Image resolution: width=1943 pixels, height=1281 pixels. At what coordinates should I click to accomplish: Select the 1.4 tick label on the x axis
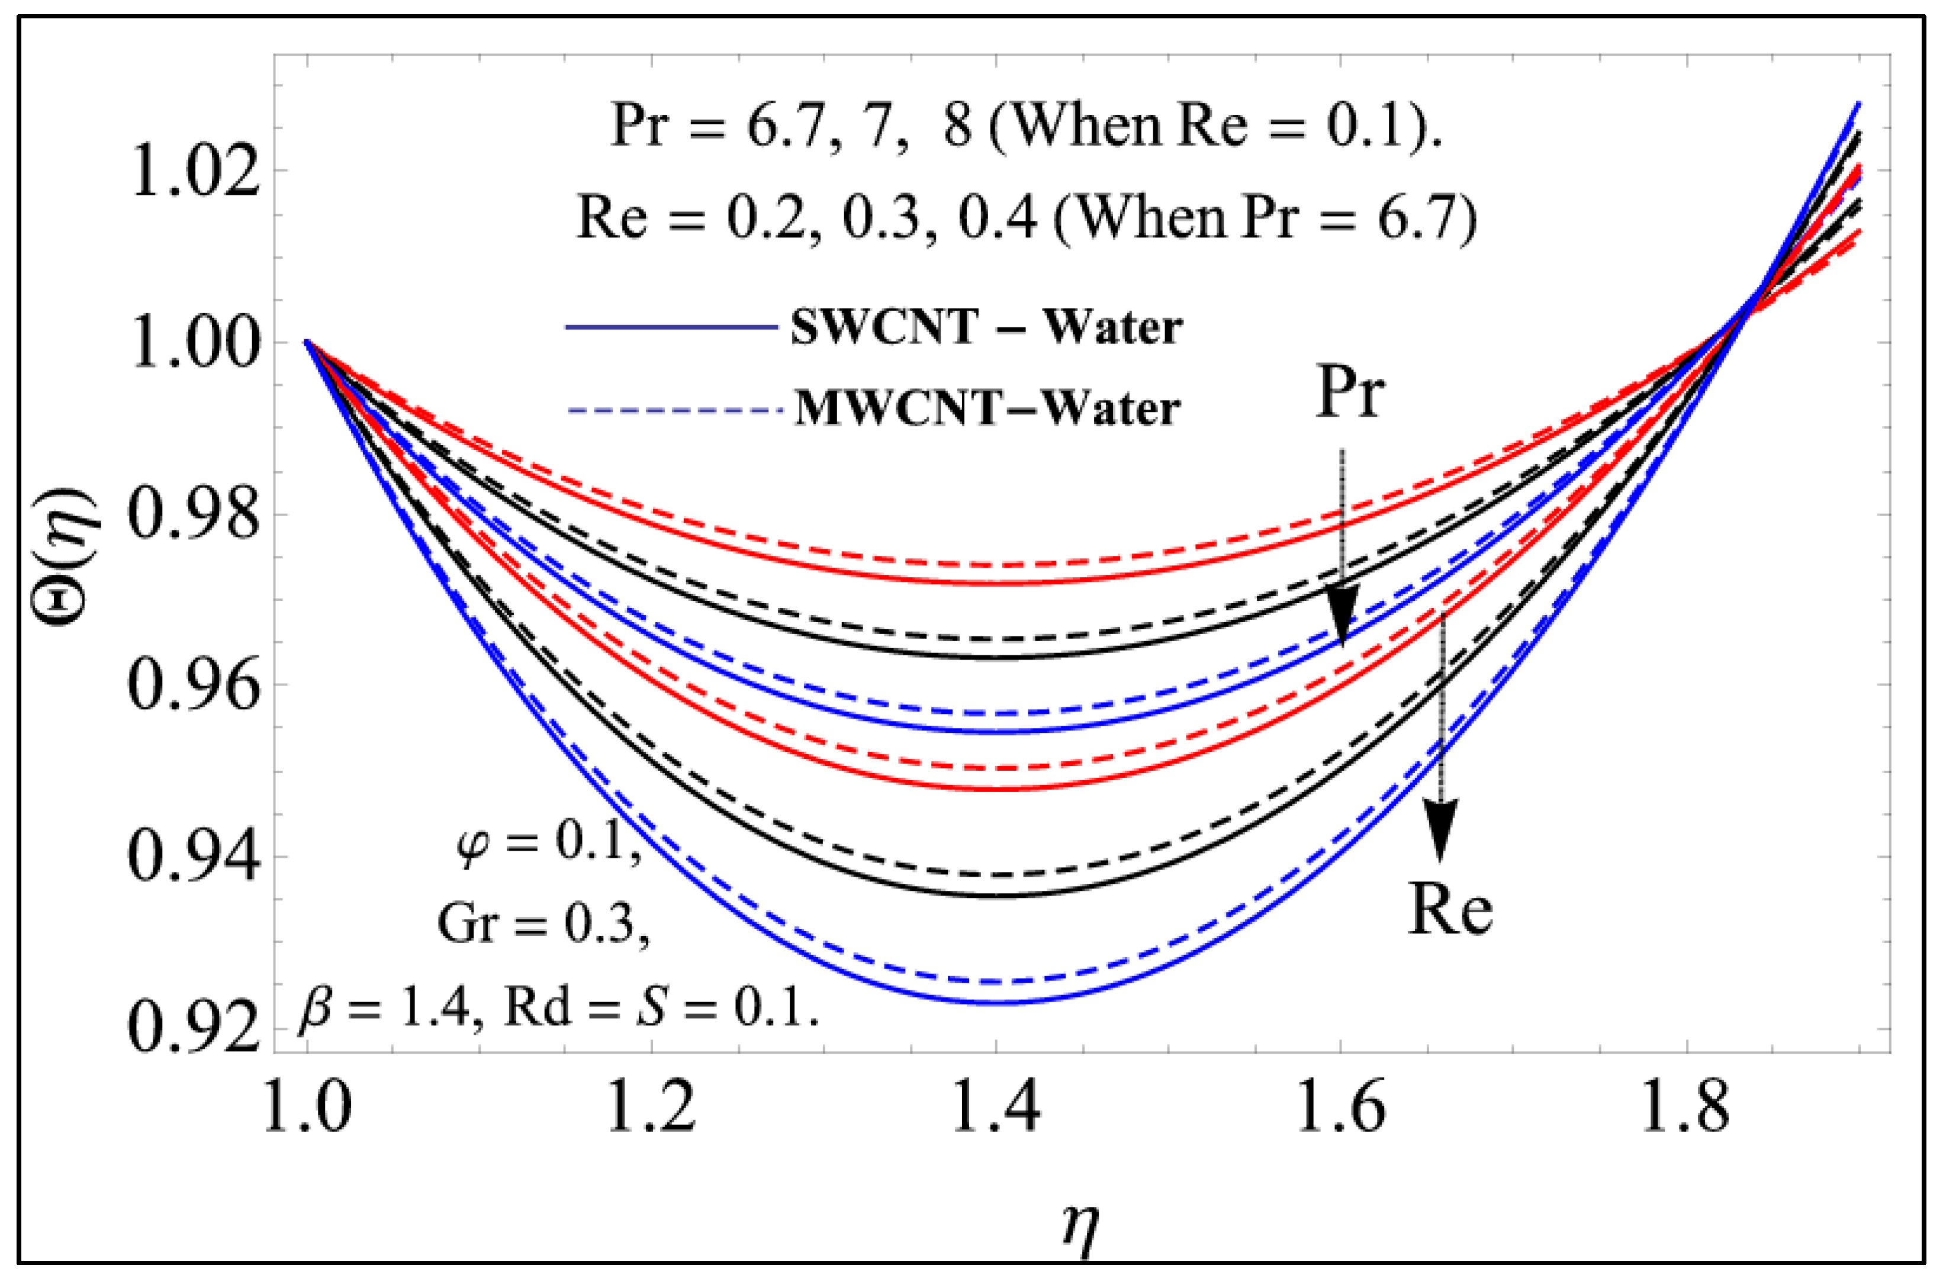(x=996, y=1107)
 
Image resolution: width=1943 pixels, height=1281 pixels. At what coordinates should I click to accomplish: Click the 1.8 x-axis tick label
(x=1685, y=1107)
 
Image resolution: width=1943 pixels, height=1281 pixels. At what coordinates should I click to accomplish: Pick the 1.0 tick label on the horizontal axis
(x=307, y=1107)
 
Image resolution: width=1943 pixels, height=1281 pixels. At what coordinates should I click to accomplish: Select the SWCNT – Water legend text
(x=986, y=327)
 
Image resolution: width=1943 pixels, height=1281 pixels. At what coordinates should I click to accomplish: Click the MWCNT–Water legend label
(x=987, y=408)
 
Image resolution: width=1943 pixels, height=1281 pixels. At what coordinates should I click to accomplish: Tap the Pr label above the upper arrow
(x=1350, y=393)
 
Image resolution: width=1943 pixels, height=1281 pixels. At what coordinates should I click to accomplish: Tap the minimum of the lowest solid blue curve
(x=996, y=1002)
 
